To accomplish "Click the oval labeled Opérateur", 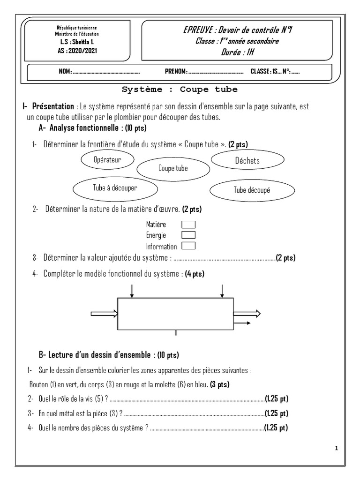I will coord(107,160).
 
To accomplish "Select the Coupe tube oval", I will coord(172,168).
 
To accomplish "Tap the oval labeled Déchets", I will coord(247,161).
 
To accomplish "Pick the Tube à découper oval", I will coord(115,187).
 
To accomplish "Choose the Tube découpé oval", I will coord(252,190).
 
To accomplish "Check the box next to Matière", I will coord(188,225).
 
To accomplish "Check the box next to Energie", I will coord(188,235).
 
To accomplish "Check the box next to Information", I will coord(188,245).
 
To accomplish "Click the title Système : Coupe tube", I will coord(180,89).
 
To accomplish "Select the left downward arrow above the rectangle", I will coord(132,291).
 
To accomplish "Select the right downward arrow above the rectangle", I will coord(221,291).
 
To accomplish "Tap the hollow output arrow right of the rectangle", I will coord(247,314).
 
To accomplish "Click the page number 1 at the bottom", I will coord(337,449).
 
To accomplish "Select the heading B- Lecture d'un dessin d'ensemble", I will coord(108,354).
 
